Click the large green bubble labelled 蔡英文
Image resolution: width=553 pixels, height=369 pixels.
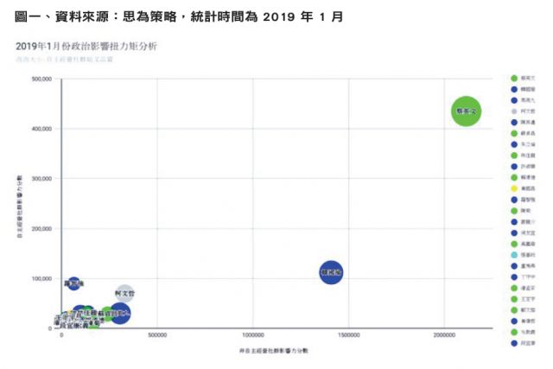466,111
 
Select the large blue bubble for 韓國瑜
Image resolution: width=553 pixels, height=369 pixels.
331,273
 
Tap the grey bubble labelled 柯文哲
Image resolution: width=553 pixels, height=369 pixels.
124,295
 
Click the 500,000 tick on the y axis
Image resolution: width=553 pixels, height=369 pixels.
41,80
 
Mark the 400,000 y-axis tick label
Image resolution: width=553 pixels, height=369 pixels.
41,129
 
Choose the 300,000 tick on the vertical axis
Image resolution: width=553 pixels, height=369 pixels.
41,179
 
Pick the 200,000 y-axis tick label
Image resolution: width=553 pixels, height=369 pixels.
41,229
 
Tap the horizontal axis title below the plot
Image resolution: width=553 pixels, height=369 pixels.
274,351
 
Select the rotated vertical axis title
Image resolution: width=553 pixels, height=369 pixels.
18,204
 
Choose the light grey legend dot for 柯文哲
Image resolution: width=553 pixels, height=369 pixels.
515,111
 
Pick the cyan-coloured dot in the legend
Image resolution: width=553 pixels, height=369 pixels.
515,255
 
